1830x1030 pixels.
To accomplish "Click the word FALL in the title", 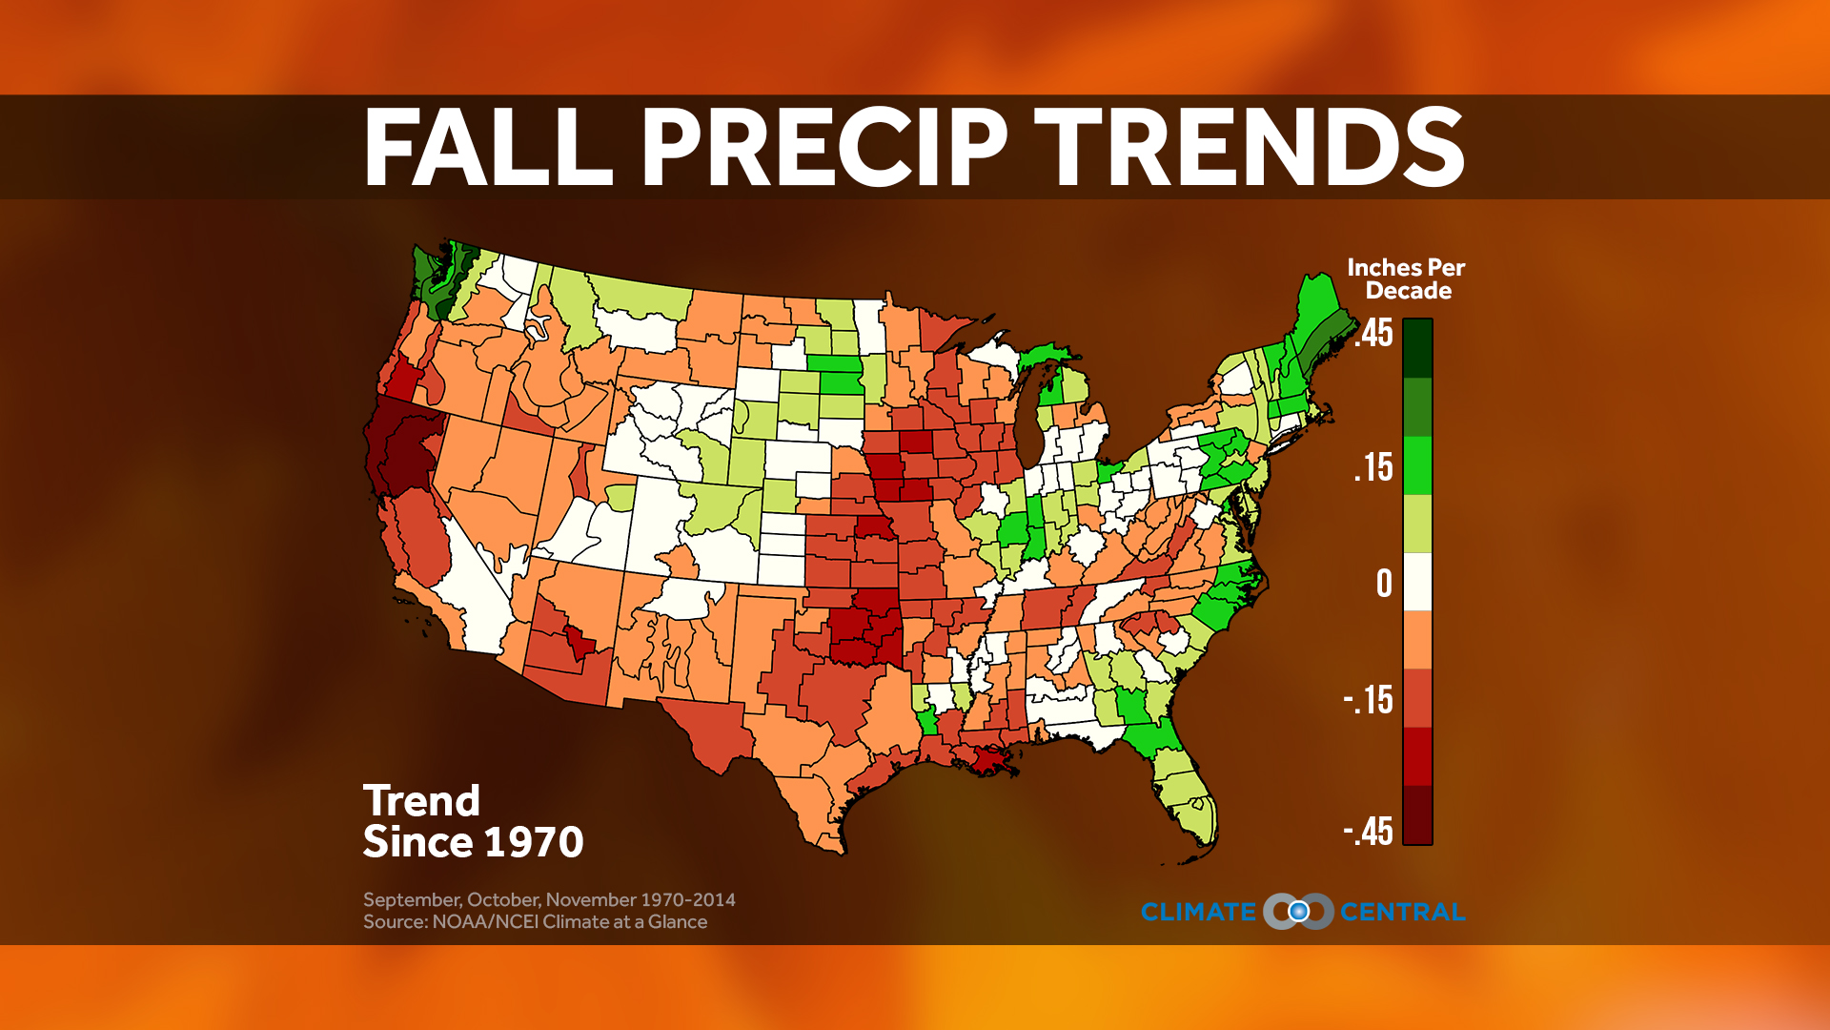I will tap(487, 148).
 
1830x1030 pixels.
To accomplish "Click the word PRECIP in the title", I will tap(824, 148).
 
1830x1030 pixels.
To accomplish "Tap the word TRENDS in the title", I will tap(1250, 148).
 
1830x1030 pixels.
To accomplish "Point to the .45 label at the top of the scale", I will tap(1373, 334).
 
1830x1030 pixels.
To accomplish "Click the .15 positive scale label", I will tap(1373, 468).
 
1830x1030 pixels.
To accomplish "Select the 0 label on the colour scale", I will tap(1384, 584).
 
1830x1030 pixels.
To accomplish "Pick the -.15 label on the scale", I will tap(1369, 701).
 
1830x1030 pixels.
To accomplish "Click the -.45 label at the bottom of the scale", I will tap(1369, 832).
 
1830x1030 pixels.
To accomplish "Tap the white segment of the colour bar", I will tap(1417, 582).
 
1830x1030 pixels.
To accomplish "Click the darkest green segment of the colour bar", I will tap(1417, 348).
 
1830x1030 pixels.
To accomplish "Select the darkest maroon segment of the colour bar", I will tap(1417, 815).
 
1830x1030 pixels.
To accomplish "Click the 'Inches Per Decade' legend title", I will tap(1406, 279).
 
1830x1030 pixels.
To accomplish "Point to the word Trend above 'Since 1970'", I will tap(421, 801).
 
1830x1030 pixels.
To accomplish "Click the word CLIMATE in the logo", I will tap(1198, 913).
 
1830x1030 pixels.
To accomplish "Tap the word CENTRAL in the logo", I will tap(1402, 913).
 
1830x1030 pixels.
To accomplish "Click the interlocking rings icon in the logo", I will tap(1298, 912).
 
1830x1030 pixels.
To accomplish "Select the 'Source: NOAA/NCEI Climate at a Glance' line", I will tap(535, 922).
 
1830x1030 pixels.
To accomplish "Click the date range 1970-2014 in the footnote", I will tap(687, 899).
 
